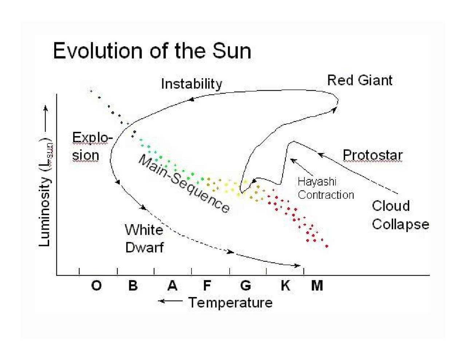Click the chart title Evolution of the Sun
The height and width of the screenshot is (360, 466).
click(152, 51)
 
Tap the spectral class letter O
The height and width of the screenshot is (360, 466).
click(96, 286)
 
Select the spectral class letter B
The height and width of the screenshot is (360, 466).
click(133, 286)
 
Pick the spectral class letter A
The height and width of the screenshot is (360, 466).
click(172, 286)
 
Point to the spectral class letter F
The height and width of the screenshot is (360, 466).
click(207, 286)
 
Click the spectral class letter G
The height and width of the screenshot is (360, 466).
click(246, 286)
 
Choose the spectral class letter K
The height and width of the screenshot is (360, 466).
click(285, 286)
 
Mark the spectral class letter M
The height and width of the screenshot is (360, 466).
click(317, 286)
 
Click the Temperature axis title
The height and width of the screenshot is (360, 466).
click(230, 302)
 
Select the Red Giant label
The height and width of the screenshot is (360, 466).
click(360, 80)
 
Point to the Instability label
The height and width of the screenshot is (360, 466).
click(191, 84)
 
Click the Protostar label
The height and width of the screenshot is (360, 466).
click(372, 155)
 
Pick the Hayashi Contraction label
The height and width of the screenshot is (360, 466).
click(325, 188)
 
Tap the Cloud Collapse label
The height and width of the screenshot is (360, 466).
click(400, 215)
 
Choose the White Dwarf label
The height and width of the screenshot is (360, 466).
click(144, 239)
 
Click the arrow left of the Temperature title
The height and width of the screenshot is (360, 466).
click(170, 301)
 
